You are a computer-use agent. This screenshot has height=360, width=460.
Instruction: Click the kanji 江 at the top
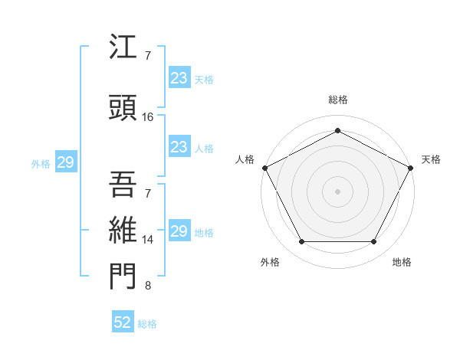[123, 49]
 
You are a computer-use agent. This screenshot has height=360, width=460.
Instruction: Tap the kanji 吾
[123, 184]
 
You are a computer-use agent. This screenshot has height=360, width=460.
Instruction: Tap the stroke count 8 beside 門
[147, 286]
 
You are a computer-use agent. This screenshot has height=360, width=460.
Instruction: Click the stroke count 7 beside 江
[147, 56]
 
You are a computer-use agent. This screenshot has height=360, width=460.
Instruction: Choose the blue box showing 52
[123, 322]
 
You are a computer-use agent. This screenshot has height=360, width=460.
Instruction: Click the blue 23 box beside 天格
[179, 78]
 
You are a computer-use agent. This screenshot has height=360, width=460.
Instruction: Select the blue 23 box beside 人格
[179, 147]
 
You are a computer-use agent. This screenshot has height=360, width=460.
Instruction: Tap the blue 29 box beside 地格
[179, 231]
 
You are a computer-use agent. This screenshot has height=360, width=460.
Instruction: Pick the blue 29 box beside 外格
[65, 162]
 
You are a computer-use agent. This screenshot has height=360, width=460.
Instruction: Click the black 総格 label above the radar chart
[337, 100]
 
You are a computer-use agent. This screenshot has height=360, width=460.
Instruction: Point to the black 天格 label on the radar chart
[431, 159]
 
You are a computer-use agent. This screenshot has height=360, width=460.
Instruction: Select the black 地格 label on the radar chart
[402, 262]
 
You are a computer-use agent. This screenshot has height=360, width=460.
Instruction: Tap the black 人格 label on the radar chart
[245, 159]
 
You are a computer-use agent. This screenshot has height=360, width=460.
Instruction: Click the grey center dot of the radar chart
[337, 191]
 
